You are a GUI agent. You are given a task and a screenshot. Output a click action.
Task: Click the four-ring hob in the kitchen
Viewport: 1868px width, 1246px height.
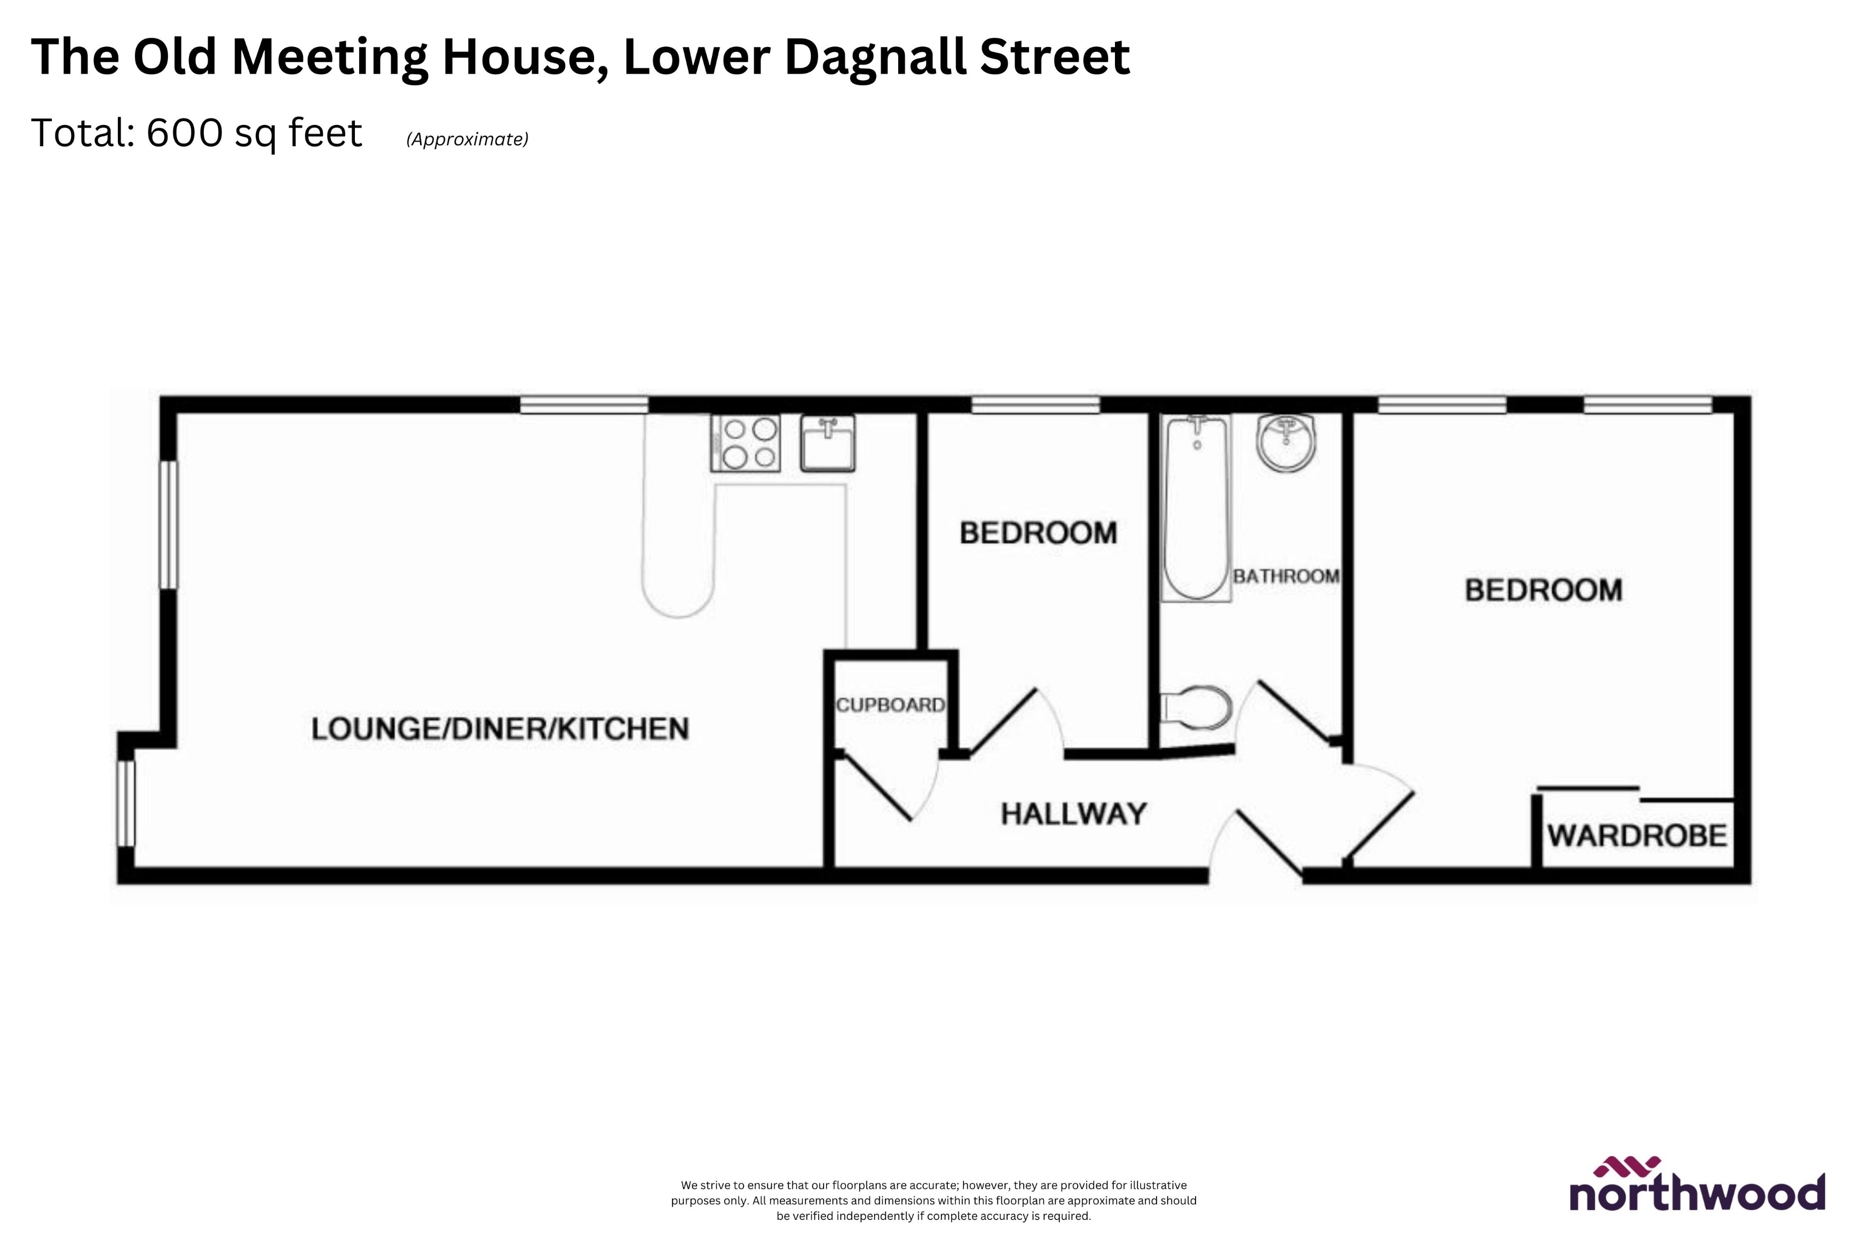click(746, 443)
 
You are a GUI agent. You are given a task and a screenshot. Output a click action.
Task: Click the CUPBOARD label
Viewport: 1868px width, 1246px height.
click(890, 705)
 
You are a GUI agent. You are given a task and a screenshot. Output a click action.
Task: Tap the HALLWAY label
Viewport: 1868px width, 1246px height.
click(1073, 814)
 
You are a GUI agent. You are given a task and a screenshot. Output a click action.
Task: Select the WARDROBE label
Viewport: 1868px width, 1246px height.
click(1636, 835)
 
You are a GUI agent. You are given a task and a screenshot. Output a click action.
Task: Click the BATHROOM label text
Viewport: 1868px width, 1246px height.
click(1286, 576)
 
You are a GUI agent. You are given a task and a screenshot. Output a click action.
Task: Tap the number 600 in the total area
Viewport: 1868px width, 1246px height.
click(184, 133)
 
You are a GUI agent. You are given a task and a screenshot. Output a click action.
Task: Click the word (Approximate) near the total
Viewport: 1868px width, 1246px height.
click(467, 139)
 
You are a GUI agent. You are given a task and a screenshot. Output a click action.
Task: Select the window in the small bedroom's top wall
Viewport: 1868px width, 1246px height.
click(1035, 405)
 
